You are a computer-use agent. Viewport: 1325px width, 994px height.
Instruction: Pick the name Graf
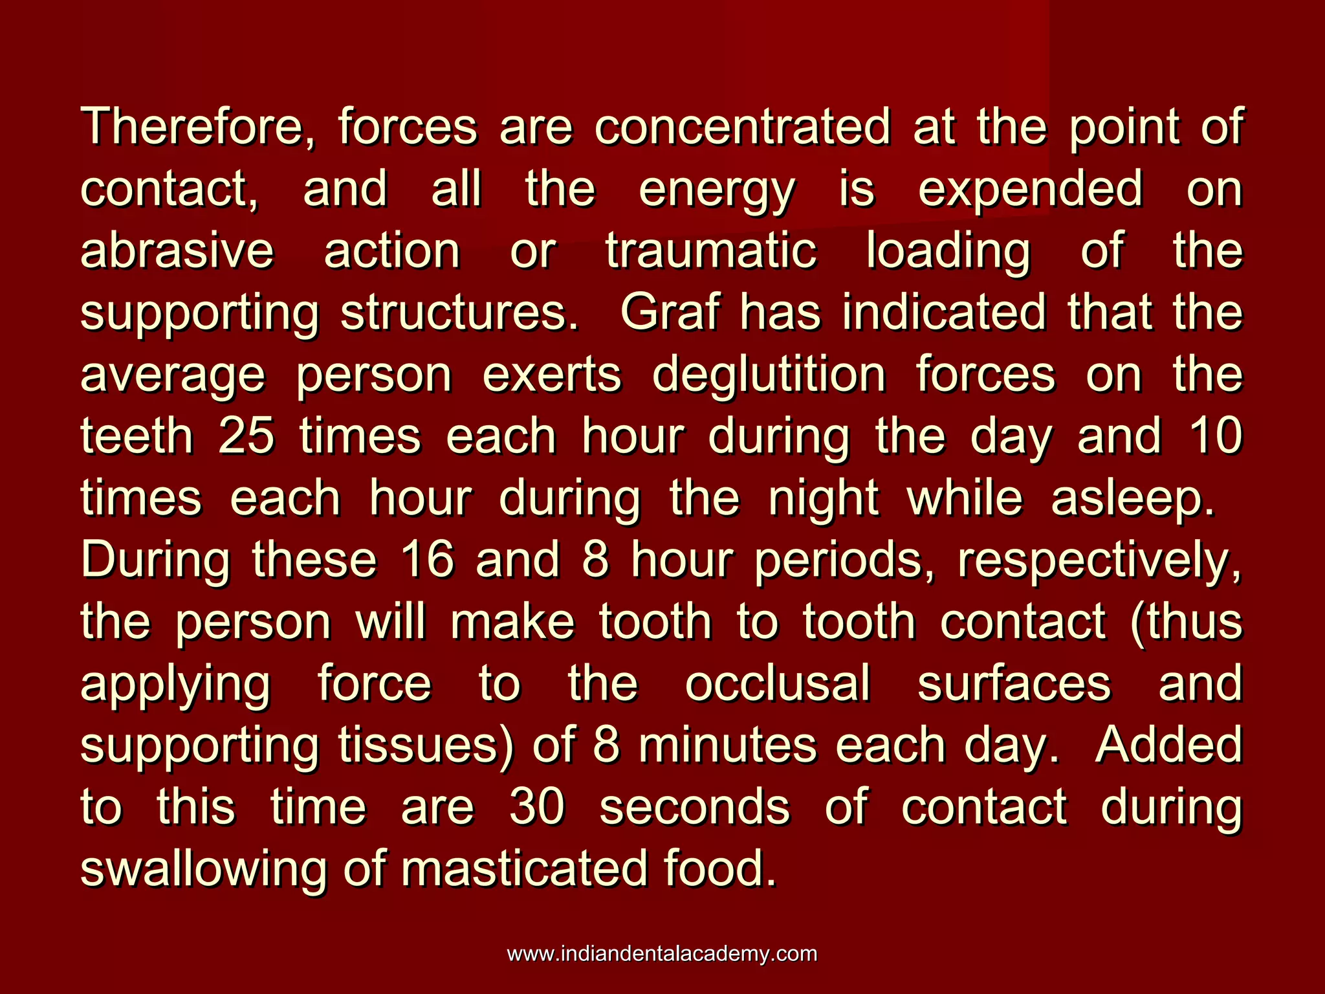click(670, 313)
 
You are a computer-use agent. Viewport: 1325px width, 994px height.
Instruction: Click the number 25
click(246, 436)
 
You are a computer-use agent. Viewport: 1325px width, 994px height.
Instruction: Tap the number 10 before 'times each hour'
click(1216, 436)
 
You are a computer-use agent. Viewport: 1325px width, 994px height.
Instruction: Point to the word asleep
click(1133, 499)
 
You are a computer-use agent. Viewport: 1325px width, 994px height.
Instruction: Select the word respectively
click(1099, 561)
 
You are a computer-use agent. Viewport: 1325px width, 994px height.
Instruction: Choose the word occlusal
click(778, 684)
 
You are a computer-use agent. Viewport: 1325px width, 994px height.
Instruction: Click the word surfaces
click(1014, 684)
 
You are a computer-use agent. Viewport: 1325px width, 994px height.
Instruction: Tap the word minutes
click(727, 745)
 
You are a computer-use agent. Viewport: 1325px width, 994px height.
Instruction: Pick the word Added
click(1168, 745)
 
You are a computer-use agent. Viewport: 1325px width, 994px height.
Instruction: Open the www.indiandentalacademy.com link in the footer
click(662, 954)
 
